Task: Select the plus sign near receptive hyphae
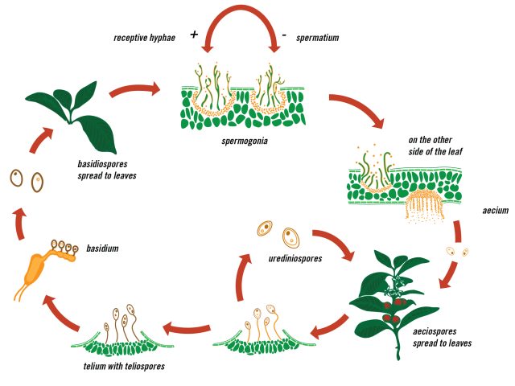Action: point(194,35)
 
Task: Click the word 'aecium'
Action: point(492,211)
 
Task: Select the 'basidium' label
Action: point(102,248)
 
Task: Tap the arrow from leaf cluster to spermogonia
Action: point(134,86)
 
